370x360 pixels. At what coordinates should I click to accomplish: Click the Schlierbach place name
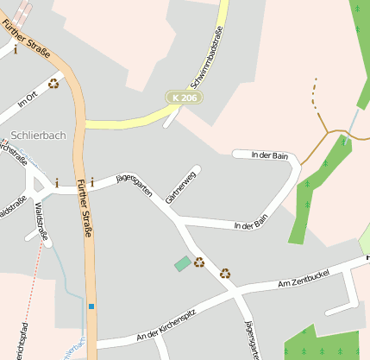(x=40, y=136)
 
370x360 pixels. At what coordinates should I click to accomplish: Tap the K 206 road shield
(x=185, y=99)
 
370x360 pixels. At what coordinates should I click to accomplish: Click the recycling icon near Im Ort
(x=54, y=84)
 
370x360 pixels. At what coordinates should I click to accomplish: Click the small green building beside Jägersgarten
(x=183, y=263)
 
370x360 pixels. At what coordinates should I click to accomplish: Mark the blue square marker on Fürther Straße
(x=91, y=306)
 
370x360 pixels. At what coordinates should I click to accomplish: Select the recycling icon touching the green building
(x=199, y=262)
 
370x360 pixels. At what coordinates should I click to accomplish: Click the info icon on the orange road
(x=92, y=183)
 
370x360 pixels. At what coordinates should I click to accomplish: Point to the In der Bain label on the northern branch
(x=269, y=155)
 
